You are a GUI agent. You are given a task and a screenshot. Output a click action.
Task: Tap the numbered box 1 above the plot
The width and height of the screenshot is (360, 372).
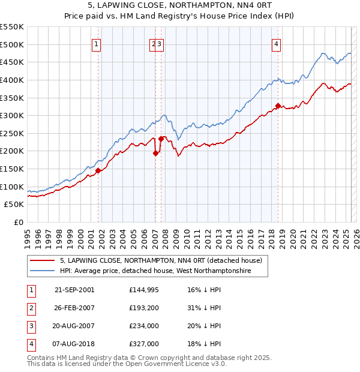click(x=97, y=43)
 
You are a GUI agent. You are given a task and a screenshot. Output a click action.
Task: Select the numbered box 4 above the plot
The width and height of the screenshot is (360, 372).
click(x=276, y=43)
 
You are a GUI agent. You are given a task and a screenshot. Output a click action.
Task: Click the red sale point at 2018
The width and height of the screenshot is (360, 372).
click(x=278, y=106)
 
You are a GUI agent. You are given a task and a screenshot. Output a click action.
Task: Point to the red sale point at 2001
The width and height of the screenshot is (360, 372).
click(x=98, y=170)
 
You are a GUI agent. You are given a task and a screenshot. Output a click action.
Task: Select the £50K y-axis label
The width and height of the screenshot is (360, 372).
click(x=14, y=205)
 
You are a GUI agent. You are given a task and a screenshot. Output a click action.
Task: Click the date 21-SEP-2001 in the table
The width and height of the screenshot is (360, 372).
click(x=74, y=290)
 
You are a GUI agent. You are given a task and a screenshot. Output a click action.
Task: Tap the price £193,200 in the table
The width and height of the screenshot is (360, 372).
click(x=145, y=308)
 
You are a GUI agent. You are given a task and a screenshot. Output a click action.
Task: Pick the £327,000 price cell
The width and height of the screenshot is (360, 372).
click(x=145, y=344)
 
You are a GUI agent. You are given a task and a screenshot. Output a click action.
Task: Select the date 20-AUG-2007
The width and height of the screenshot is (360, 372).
click(x=74, y=326)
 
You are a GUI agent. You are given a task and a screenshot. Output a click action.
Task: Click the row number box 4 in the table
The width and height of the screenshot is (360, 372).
click(x=30, y=344)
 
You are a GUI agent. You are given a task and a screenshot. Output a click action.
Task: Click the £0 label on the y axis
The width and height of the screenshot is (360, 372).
click(x=18, y=223)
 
